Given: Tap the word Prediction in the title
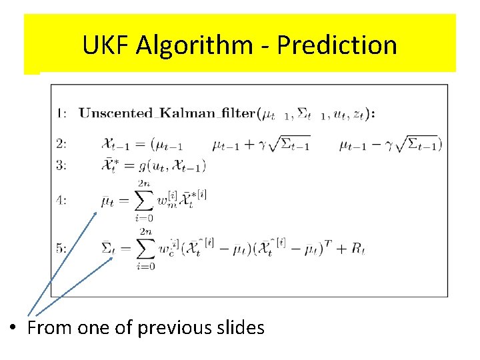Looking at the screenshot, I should click(337, 45).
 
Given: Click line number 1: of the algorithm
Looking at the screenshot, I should click(61, 113).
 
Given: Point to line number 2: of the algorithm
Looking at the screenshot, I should click(61, 143).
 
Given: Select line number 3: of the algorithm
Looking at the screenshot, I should click(61, 165).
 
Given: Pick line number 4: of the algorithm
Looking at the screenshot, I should click(61, 199).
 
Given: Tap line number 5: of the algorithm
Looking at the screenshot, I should click(61, 248).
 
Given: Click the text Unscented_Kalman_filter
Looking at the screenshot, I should click(167, 113).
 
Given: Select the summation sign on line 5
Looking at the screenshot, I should click(145, 249).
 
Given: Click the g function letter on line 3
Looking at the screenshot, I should click(142, 166).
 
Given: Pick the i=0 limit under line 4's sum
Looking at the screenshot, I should click(145, 217).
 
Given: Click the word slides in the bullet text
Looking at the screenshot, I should click(242, 328).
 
